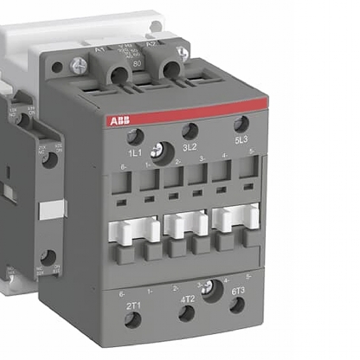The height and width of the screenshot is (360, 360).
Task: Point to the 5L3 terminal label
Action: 241,139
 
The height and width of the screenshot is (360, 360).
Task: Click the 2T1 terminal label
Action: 134,305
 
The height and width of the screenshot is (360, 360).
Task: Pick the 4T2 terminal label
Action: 187,299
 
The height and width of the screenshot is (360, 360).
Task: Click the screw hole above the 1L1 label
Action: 133,136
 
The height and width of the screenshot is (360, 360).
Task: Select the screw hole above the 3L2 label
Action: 190,130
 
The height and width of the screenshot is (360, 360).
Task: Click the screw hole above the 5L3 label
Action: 241,124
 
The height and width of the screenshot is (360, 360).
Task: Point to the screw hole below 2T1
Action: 133,320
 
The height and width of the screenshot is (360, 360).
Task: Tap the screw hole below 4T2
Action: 186,313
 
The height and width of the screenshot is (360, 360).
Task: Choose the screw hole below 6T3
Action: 237,305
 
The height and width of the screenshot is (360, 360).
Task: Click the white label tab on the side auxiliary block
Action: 52,209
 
